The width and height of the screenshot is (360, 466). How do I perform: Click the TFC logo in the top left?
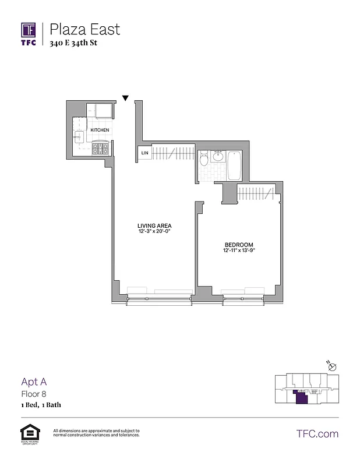pyautogui.click(x=29, y=33)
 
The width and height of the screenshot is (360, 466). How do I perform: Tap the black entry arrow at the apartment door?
pyautogui.click(x=125, y=98)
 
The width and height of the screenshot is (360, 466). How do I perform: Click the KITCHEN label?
pyautogui.click(x=100, y=130)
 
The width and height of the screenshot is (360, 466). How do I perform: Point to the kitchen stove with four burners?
pyautogui.click(x=101, y=148)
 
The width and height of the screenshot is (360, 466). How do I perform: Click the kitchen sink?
pyautogui.click(x=79, y=138)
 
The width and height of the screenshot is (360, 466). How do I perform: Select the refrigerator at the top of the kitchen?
pyautogui.click(x=100, y=111)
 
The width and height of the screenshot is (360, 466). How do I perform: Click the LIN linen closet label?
pyautogui.click(x=144, y=153)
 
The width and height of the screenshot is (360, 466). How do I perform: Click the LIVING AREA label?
pyautogui.click(x=154, y=225)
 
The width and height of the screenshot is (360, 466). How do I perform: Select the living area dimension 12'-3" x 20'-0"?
pyautogui.click(x=154, y=232)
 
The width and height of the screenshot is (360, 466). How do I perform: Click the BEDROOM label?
pyautogui.click(x=239, y=244)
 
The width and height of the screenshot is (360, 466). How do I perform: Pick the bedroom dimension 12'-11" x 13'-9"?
pyautogui.click(x=239, y=250)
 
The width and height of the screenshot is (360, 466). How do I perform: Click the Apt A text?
pyautogui.click(x=34, y=382)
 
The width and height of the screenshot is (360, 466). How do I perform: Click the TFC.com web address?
pyautogui.click(x=317, y=433)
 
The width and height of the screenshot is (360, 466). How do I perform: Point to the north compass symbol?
pyautogui.click(x=331, y=366)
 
